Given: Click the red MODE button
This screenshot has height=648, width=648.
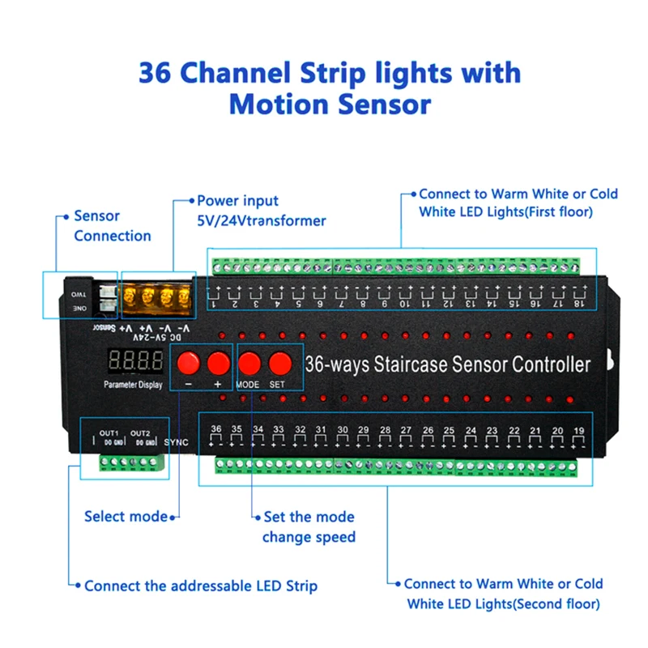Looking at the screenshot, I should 249,361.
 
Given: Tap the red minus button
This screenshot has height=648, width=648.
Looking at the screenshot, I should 188,361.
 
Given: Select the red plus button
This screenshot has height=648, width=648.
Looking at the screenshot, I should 217,361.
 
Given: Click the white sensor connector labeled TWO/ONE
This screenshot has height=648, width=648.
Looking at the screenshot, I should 104,301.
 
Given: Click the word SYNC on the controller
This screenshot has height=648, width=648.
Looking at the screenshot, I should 176,441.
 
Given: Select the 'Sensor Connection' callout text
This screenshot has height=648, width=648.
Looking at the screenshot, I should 112,226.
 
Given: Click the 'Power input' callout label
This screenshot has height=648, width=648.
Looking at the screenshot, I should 237,200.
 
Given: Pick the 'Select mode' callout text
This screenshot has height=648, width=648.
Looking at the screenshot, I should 126,516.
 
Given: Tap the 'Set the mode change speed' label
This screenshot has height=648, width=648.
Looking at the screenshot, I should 309,526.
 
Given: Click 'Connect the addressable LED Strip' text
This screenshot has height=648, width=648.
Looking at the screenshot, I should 200,585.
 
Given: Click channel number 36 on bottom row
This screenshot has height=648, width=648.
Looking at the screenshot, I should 215,429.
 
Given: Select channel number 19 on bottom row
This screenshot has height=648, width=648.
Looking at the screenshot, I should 578,430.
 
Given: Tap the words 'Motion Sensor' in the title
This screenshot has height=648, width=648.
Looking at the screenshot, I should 330,104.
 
